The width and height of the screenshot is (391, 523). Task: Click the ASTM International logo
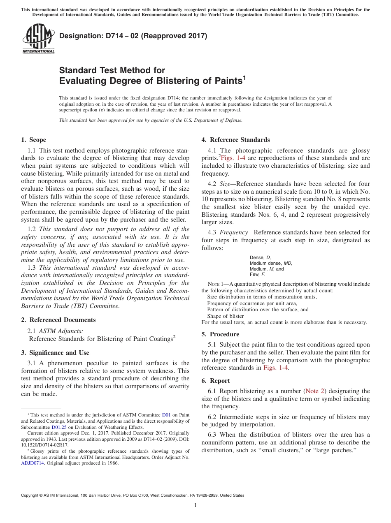(38, 39)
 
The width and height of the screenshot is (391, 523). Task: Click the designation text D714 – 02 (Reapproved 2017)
(133, 36)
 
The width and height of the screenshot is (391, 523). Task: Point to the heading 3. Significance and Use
(55, 353)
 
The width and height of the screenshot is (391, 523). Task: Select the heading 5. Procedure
(220, 334)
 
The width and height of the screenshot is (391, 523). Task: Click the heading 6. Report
(216, 381)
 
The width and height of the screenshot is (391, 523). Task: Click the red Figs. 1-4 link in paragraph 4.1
(234, 158)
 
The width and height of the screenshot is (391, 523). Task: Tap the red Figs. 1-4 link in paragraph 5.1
(276, 368)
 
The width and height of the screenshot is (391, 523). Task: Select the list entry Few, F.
(258, 274)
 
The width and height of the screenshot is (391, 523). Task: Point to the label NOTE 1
(216, 284)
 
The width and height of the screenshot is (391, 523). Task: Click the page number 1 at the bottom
(195, 505)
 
